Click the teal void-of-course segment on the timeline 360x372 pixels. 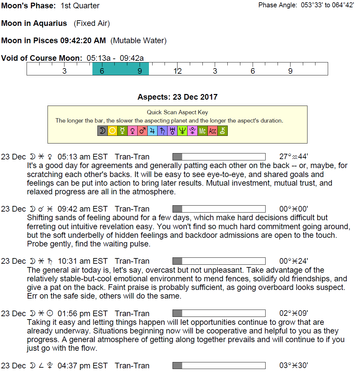pos(120,69)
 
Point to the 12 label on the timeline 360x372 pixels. pos(178,71)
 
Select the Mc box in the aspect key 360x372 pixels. pos(202,131)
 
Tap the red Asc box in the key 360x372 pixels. pos(212,131)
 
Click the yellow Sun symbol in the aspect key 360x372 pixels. pos(112,131)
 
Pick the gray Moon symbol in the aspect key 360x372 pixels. pos(102,131)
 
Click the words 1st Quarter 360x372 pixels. pos(80,6)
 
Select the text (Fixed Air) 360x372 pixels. pos(92,23)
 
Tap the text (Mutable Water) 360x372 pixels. pos(139,41)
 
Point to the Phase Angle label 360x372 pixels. pos(278,5)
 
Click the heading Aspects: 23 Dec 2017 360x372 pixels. pos(178,97)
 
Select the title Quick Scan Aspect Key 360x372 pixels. pos(178,113)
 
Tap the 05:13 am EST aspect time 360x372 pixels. pos(82,157)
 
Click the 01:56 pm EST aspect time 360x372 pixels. pos(82,314)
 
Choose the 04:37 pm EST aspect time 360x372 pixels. pos(82,366)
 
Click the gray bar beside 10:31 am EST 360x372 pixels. pos(178,261)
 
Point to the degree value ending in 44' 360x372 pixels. pos(294,157)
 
